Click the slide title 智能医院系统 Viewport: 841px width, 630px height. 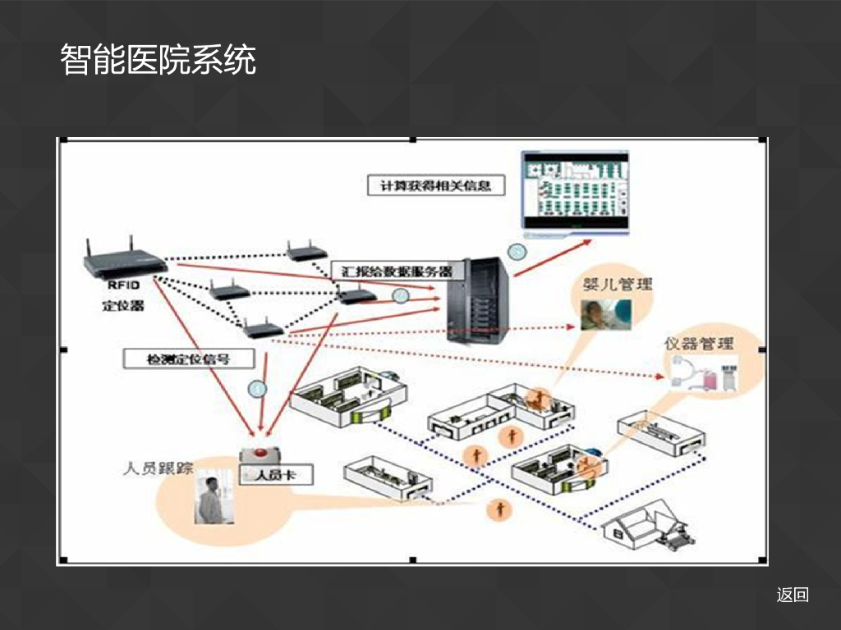(158, 61)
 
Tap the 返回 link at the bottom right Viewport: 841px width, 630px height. (793, 595)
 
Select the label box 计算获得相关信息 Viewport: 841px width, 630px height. (435, 185)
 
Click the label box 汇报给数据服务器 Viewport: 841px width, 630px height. (397, 270)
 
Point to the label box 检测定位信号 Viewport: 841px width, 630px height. (188, 358)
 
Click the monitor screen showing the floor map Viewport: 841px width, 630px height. (575, 189)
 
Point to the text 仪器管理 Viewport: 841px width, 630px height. (699, 342)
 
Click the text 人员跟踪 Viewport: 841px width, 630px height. (158, 469)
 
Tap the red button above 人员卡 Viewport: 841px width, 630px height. (261, 454)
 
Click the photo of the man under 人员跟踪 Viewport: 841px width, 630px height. (214, 500)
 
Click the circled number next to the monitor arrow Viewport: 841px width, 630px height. (517, 252)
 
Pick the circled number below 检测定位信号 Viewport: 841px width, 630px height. (258, 388)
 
